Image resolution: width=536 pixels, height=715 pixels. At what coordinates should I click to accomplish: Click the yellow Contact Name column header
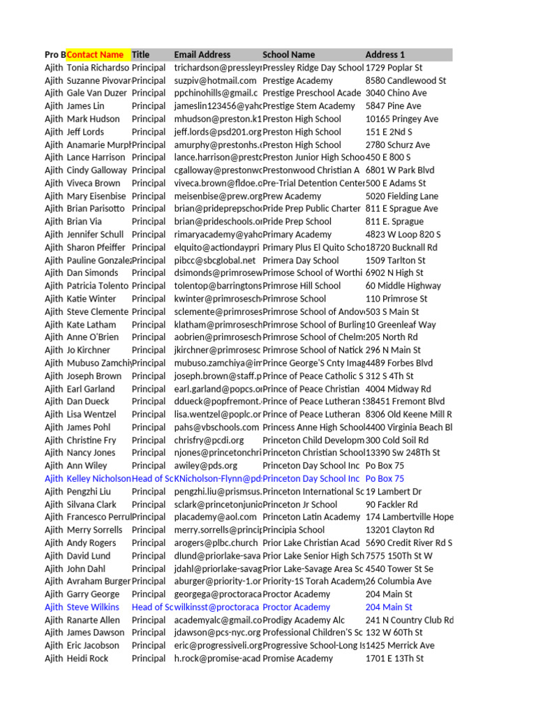click(x=96, y=54)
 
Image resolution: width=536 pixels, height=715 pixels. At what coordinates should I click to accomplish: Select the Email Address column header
click(x=202, y=54)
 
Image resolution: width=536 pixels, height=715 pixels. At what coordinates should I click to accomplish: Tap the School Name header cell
click(x=288, y=54)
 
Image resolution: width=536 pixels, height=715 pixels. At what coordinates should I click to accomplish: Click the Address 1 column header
click(x=385, y=54)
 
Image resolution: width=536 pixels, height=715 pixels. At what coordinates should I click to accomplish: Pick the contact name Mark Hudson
click(x=93, y=119)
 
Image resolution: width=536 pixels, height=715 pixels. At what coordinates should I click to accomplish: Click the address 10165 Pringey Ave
click(x=402, y=119)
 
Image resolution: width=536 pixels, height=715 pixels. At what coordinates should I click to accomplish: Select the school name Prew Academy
click(x=292, y=196)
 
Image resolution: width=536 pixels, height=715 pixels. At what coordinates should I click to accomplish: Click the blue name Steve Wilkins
click(x=93, y=607)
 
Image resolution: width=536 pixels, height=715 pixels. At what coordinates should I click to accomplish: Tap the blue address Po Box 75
click(x=385, y=479)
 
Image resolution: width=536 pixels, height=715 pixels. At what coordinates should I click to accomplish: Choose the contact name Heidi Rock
click(x=87, y=658)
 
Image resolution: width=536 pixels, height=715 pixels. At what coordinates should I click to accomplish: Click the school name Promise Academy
click(x=298, y=658)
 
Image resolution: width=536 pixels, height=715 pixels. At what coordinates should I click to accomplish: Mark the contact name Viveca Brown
click(x=94, y=184)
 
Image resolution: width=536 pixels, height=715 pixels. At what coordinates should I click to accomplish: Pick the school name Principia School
click(x=293, y=530)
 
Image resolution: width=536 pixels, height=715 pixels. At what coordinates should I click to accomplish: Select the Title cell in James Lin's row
click(x=149, y=106)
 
